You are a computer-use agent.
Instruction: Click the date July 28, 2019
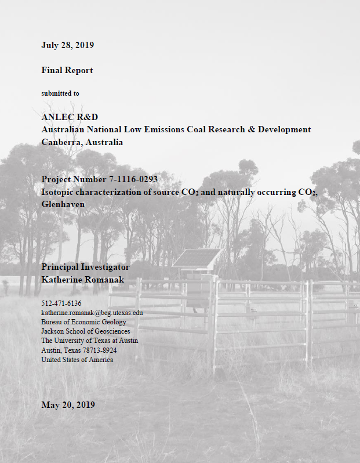tap(68, 45)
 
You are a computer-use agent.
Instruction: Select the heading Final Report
tap(67, 70)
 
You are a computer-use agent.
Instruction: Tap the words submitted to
tap(60, 93)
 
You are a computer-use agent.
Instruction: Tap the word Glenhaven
tap(63, 204)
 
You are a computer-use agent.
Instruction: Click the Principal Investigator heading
tap(85, 267)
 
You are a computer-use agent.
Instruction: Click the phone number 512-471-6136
tap(61, 303)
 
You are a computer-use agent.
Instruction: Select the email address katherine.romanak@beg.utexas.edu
tap(92, 313)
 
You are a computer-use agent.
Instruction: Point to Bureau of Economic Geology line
tap(83, 322)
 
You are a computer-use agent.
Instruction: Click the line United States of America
tap(77, 360)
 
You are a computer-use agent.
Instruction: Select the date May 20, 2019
tap(68, 404)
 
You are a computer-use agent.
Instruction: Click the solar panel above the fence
tap(197, 258)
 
